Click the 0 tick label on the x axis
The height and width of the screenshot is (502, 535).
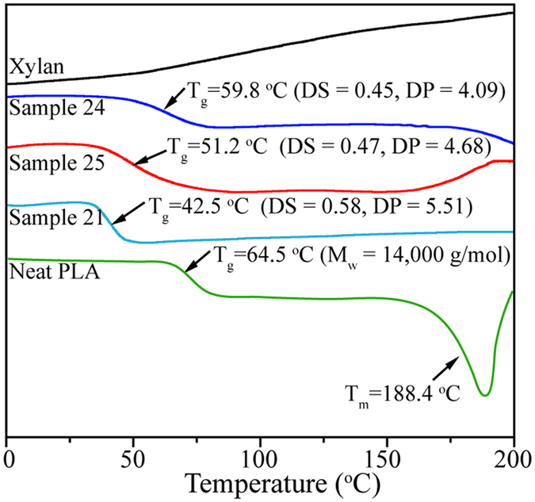tap(8, 458)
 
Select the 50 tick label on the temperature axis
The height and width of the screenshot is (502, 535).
tap(133, 458)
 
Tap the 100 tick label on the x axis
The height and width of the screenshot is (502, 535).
tap(260, 458)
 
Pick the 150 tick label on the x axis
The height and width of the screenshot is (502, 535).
tap(387, 458)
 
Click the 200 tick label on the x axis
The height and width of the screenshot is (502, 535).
tap(511, 458)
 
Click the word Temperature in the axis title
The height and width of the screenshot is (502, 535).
tap(242, 482)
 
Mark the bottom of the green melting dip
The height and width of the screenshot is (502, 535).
tap(484, 395)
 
